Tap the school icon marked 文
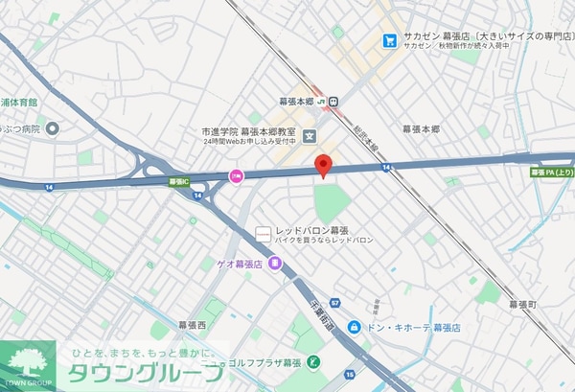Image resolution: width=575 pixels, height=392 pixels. click(309, 134)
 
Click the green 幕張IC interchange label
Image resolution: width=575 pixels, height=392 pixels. click(178, 179)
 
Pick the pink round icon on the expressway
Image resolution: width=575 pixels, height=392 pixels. click(235, 175)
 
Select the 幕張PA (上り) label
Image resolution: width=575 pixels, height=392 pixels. click(551, 173)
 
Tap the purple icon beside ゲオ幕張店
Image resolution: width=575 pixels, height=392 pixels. click(276, 262)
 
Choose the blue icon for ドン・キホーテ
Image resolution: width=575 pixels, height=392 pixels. click(354, 327)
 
